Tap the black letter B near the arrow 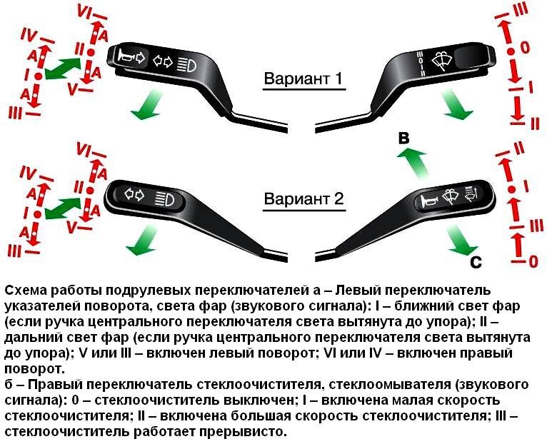(403, 141)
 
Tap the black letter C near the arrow (478, 263)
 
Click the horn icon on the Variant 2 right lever (431, 201)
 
